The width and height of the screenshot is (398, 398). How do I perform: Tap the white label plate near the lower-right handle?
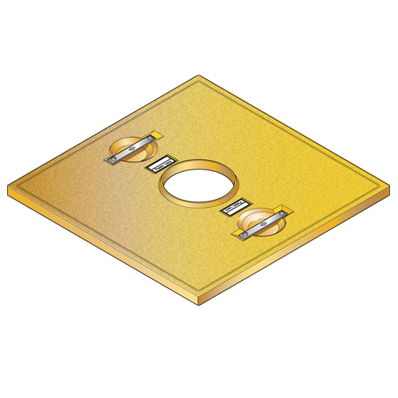tap(237, 209)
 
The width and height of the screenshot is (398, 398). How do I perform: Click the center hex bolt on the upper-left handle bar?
tap(132, 149)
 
